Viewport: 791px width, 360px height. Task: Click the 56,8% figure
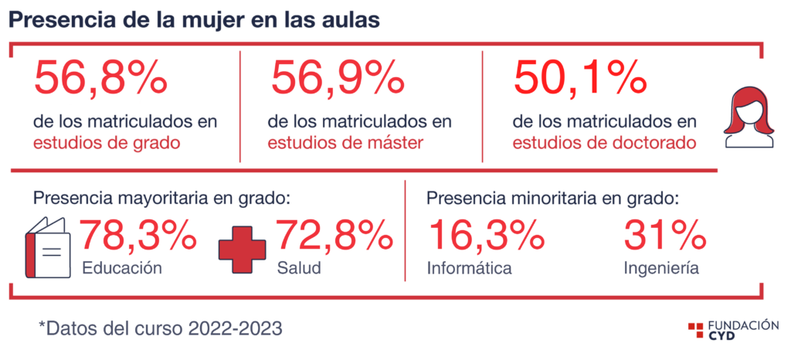[100, 76]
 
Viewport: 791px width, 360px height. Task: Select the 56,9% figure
[338, 76]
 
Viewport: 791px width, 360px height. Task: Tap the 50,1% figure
[579, 76]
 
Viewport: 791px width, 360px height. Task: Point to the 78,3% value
[137, 235]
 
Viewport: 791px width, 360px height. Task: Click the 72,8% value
[334, 235]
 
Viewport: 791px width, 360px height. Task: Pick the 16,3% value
[486, 235]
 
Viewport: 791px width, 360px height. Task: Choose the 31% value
[664, 235]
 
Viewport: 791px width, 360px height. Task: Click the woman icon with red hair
[749, 117]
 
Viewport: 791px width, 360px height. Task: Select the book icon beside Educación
[48, 247]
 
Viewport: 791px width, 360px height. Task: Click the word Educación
[122, 268]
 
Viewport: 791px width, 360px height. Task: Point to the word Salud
[299, 268]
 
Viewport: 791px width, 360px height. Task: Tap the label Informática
[469, 268]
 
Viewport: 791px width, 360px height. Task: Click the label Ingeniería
[661, 268]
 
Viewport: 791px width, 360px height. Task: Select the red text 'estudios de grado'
[107, 143]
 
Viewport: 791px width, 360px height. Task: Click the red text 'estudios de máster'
[345, 143]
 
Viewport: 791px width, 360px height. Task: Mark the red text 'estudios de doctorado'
[604, 143]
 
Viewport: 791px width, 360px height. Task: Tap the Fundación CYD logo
[733, 329]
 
